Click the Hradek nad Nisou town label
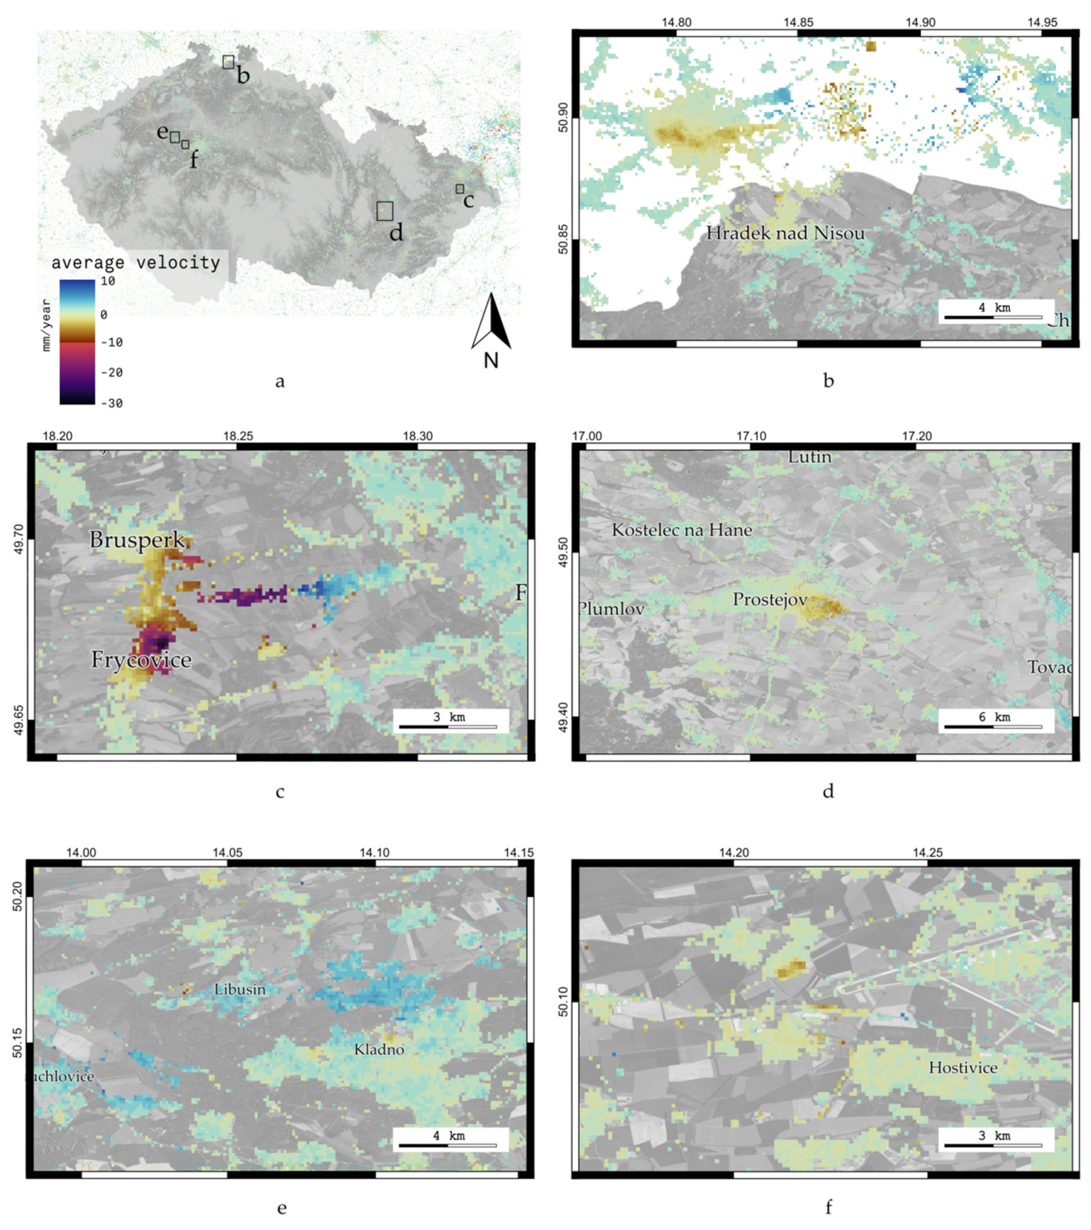(x=785, y=233)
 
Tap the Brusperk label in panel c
(x=137, y=540)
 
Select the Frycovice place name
(x=141, y=660)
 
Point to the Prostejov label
(x=770, y=599)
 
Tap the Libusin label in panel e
(x=239, y=989)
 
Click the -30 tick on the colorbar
(x=112, y=403)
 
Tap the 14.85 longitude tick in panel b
(x=798, y=22)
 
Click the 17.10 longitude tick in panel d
(x=751, y=435)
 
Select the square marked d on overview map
(x=385, y=211)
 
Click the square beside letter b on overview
(x=228, y=61)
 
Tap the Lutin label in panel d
(x=810, y=457)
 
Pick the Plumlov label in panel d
(x=612, y=609)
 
